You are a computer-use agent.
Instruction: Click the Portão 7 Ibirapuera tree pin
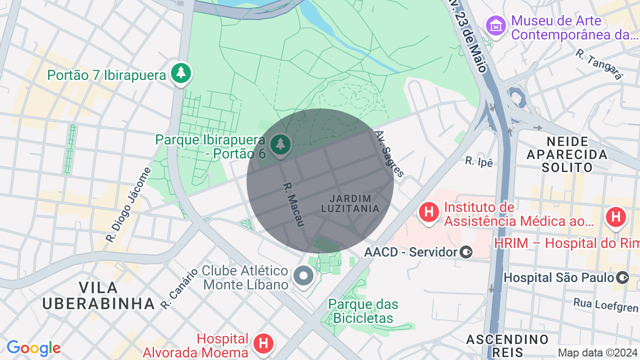click(x=181, y=73)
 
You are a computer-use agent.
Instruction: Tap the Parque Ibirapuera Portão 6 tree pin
click(x=280, y=145)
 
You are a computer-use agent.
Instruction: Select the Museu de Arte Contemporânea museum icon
click(x=496, y=26)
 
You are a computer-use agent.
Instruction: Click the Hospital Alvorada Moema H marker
click(x=263, y=343)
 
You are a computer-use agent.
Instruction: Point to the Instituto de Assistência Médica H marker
click(x=428, y=212)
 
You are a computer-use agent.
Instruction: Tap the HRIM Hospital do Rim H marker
click(x=615, y=217)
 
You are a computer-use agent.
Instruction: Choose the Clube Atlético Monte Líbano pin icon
click(x=303, y=275)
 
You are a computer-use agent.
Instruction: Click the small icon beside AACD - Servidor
click(x=466, y=252)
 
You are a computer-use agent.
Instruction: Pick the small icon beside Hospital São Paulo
click(x=622, y=277)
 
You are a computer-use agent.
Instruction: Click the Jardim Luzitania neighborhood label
click(x=350, y=203)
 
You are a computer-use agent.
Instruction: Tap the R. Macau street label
click(x=293, y=204)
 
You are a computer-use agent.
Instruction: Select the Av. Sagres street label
click(x=389, y=154)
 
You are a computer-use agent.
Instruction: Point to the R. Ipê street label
click(x=479, y=161)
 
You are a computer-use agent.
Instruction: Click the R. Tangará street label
click(x=599, y=64)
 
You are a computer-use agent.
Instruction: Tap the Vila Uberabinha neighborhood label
click(x=98, y=295)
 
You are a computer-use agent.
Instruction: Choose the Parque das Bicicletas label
click(x=363, y=311)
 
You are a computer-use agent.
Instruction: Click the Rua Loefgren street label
click(x=606, y=304)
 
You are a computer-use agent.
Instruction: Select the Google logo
click(x=33, y=348)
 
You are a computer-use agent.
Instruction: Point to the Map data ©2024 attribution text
click(x=597, y=352)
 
